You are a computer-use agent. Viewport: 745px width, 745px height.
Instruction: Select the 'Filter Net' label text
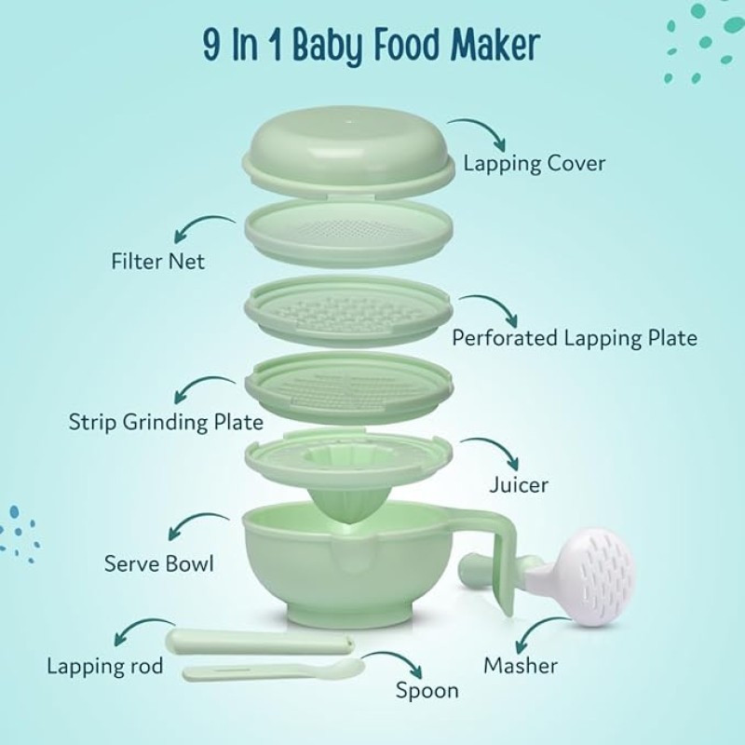pyautogui.click(x=157, y=262)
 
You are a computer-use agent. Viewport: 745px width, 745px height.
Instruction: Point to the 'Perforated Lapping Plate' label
pyautogui.click(x=574, y=337)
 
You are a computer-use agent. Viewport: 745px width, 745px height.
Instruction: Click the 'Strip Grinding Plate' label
pyautogui.click(x=166, y=421)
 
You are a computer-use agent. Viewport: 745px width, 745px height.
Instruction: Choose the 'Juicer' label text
pyautogui.click(x=519, y=485)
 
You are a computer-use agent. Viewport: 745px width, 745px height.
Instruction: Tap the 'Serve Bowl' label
pyautogui.click(x=159, y=563)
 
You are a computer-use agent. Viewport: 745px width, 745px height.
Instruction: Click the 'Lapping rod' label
pyautogui.click(x=105, y=667)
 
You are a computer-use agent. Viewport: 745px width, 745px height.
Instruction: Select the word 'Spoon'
pyautogui.click(x=427, y=690)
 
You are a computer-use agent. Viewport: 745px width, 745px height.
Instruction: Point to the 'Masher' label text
pyautogui.click(x=521, y=665)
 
